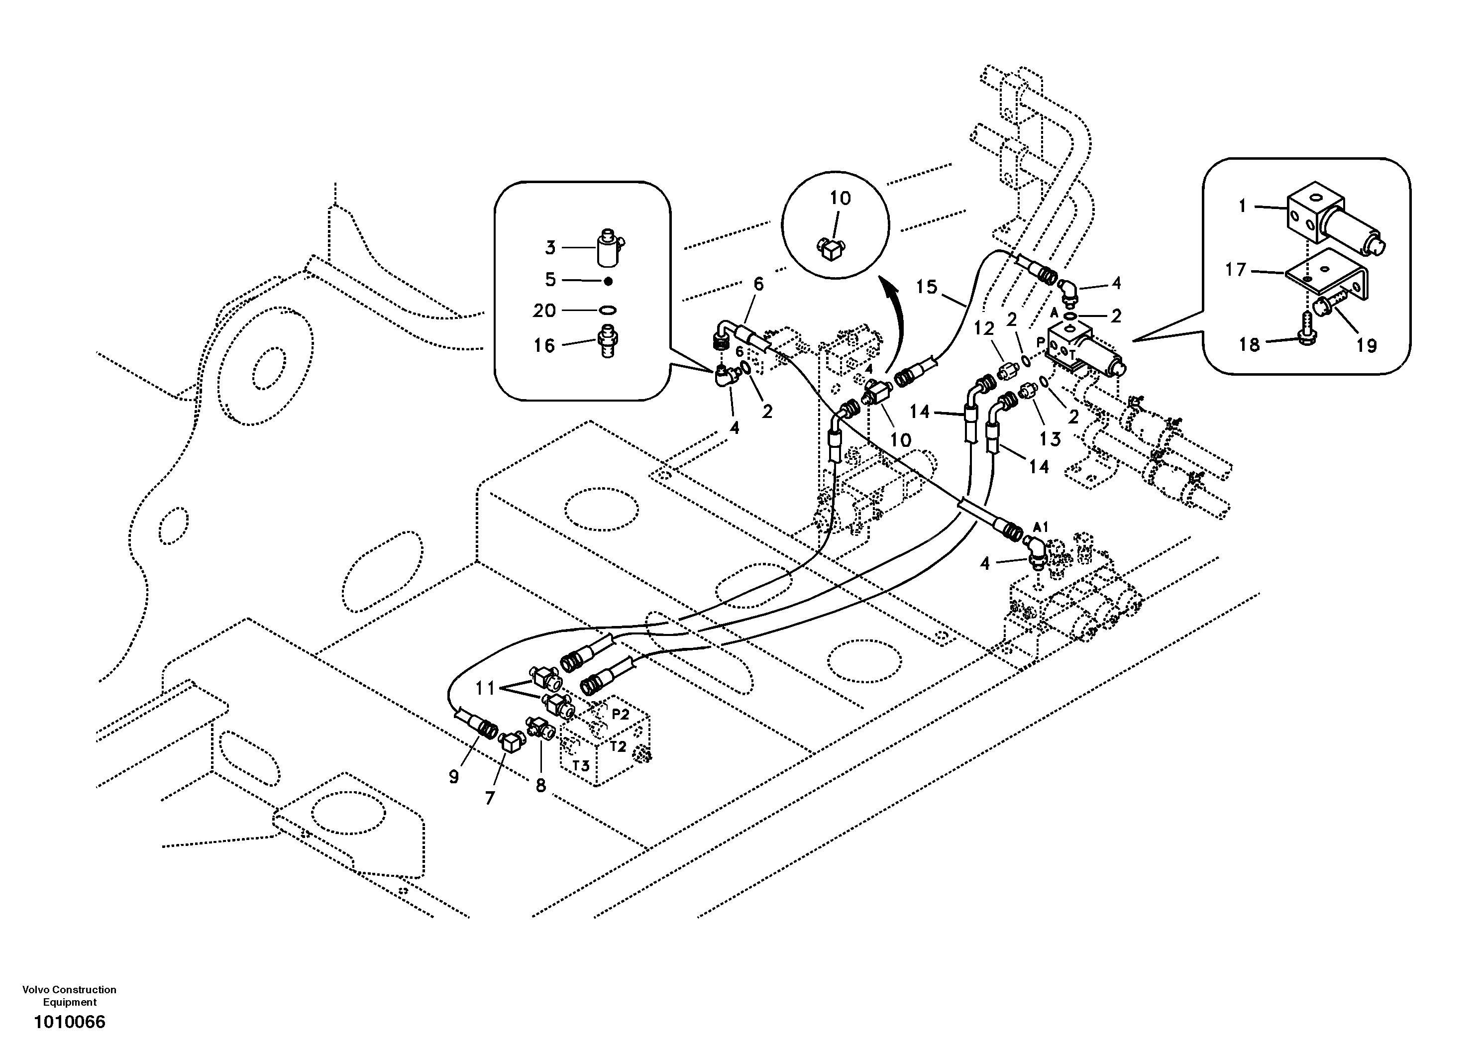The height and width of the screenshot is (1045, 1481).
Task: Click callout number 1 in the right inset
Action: click(x=1242, y=207)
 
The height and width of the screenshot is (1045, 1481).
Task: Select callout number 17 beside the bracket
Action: click(x=1236, y=270)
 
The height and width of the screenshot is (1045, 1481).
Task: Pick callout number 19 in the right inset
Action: click(x=1366, y=346)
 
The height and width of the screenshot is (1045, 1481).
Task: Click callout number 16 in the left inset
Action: click(x=544, y=346)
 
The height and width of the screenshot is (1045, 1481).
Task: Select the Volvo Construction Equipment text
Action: click(x=69, y=996)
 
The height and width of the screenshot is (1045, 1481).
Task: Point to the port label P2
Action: click(x=620, y=714)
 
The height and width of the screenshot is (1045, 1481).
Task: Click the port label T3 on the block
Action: click(x=581, y=766)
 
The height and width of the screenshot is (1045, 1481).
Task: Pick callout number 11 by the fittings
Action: click(x=485, y=689)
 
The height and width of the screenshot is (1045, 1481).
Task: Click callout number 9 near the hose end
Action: click(x=453, y=778)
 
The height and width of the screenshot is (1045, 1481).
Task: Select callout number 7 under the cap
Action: click(x=490, y=799)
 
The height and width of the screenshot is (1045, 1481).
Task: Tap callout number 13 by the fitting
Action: click(x=1050, y=439)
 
